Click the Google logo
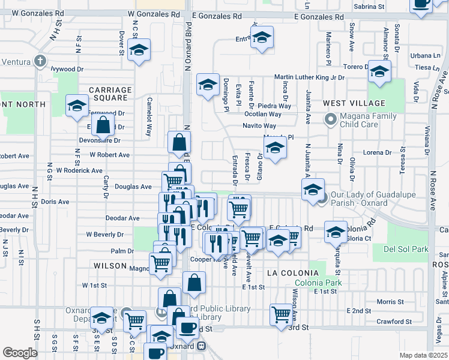click(20, 353)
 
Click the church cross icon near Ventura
click(40, 61)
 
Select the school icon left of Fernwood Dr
click(77, 106)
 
